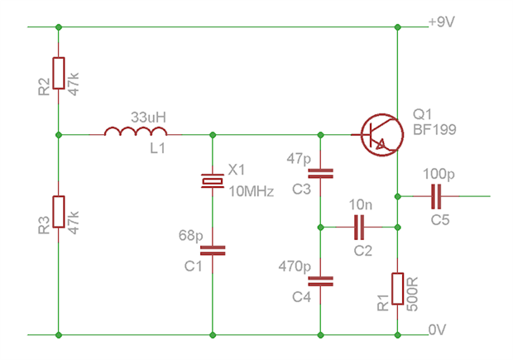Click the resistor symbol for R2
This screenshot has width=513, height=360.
tap(59, 75)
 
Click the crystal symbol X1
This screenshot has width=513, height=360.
tap(213, 180)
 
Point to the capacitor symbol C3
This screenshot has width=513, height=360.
tap(320, 174)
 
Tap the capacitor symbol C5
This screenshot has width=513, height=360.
tap(436, 196)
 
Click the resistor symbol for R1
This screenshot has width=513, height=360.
tap(398, 289)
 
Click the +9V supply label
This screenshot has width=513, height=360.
tap(441, 22)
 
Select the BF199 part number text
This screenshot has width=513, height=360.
tap(434, 131)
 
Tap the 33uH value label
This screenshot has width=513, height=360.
tap(148, 118)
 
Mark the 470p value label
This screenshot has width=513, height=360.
tap(294, 266)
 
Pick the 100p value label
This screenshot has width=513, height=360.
tap(438, 175)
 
